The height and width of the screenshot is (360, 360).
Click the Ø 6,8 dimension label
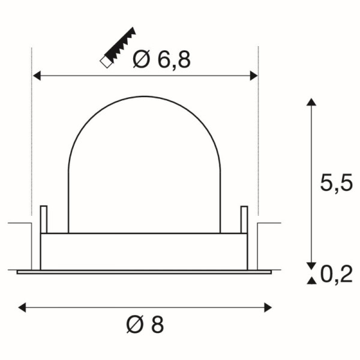160,59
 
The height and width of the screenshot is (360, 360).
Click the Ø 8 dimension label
145,325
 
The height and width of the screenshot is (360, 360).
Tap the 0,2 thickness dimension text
336,274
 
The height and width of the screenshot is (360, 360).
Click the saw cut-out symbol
118,46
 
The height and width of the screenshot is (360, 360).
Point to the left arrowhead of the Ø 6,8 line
36,76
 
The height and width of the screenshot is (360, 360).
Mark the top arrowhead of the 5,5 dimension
310,102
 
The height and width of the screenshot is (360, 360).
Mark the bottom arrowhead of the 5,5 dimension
310,266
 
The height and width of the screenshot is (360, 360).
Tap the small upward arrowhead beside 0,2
310,280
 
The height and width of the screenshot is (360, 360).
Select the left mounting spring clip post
43,220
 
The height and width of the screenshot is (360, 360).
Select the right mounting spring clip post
244,220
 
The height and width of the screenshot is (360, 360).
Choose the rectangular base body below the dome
144,251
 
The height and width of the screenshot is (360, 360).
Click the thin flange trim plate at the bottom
144,272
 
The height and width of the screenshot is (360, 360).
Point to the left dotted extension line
31,132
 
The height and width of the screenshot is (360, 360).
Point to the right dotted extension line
258,132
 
